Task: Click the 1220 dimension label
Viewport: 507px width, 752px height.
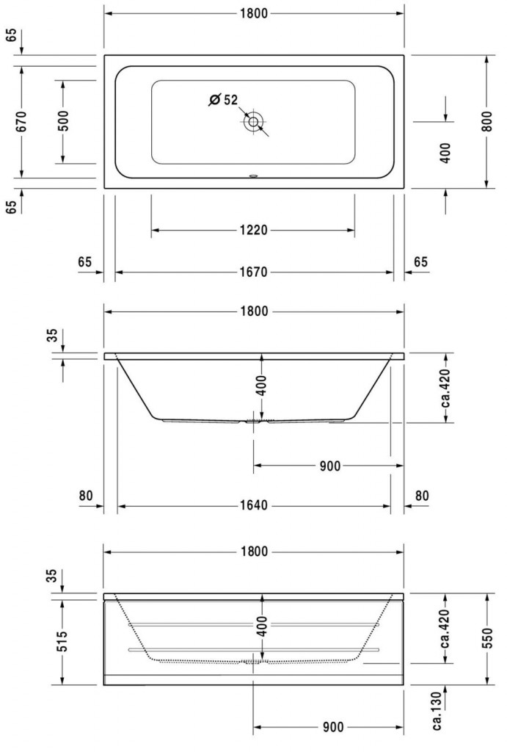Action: pos(254,230)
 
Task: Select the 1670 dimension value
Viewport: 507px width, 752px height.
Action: pos(254,272)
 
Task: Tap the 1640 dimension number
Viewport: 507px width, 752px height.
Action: pos(254,505)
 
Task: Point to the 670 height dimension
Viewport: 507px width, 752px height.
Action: pos(21,122)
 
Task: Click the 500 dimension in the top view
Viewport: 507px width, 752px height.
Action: pos(63,121)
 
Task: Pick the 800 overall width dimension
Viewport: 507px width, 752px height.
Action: pos(487,122)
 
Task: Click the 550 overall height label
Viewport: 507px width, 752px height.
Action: pos(487,639)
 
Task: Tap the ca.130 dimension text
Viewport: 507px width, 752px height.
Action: pos(437,712)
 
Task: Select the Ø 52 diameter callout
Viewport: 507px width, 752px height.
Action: pos(223,100)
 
